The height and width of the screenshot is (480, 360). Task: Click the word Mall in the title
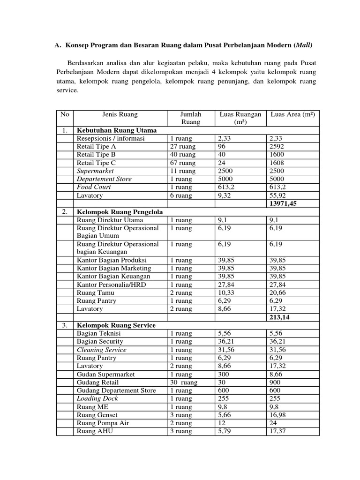[x=302, y=46]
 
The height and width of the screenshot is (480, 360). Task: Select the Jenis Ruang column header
[x=120, y=114]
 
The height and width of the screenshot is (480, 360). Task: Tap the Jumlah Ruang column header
[x=190, y=118]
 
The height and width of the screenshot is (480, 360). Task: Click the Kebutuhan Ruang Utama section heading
[x=116, y=130]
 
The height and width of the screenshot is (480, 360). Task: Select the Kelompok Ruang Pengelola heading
[x=120, y=212]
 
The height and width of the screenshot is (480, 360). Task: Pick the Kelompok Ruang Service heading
[x=116, y=325]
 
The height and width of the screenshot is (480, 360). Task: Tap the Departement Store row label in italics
[x=104, y=179]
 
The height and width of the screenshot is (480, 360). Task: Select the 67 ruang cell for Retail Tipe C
[x=182, y=163]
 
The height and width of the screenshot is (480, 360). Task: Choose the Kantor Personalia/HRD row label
[x=109, y=285]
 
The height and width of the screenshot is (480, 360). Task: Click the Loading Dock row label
[x=97, y=398]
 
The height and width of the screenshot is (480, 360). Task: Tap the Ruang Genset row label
[x=97, y=415]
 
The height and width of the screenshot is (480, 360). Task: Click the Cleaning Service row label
[x=101, y=350]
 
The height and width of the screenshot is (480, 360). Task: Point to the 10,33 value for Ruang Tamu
[x=226, y=292]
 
